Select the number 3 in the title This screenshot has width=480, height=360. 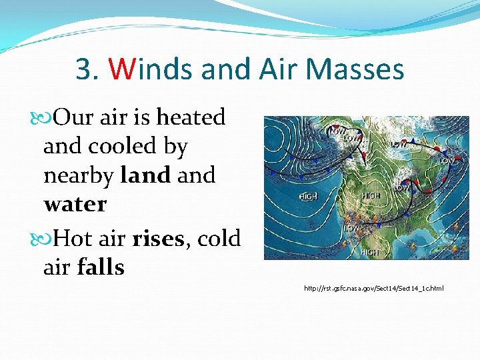(83, 69)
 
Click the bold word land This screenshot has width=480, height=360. (145, 175)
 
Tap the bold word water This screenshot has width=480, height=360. (75, 205)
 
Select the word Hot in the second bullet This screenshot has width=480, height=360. (71, 238)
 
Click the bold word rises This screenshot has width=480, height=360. (159, 238)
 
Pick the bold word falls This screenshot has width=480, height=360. (101, 267)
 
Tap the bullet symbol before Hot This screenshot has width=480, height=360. (46, 238)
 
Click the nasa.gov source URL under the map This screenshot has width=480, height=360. (373, 288)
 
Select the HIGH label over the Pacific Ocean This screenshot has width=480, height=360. (308, 197)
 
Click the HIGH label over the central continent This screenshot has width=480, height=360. (371, 195)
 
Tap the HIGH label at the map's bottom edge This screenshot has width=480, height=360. (370, 253)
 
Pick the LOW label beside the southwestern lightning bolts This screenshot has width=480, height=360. (352, 228)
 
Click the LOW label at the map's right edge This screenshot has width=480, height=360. (447, 161)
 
